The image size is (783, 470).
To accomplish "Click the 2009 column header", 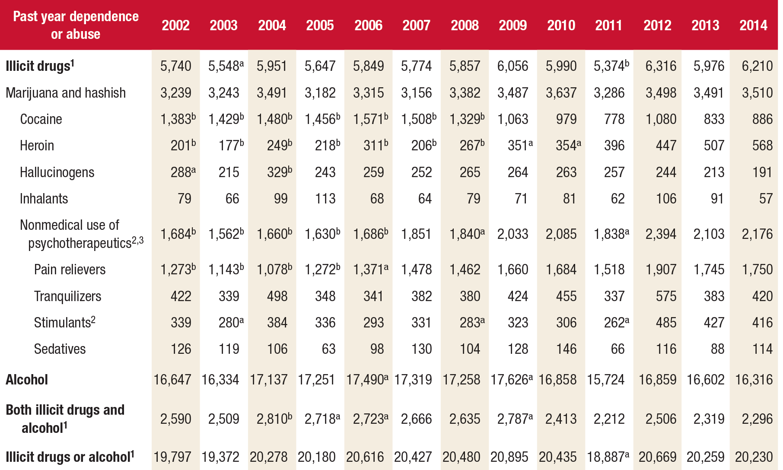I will (512, 25).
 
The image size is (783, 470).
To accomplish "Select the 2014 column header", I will (753, 25).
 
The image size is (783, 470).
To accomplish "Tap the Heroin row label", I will (37, 146).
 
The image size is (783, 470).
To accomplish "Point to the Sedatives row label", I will (60, 349).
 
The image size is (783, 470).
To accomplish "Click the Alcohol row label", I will (27, 380).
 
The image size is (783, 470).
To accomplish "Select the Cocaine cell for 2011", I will (614, 119).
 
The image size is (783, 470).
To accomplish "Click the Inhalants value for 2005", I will (325, 199).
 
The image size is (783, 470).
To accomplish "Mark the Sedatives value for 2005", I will (328, 349).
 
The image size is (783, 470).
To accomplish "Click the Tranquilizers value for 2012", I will (666, 296).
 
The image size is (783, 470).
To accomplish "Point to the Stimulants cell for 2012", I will (666, 323).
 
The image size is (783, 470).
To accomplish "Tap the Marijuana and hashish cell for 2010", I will (561, 93).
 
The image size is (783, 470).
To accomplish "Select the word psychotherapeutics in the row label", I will (80, 243).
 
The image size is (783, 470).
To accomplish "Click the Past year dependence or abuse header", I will (76, 25).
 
